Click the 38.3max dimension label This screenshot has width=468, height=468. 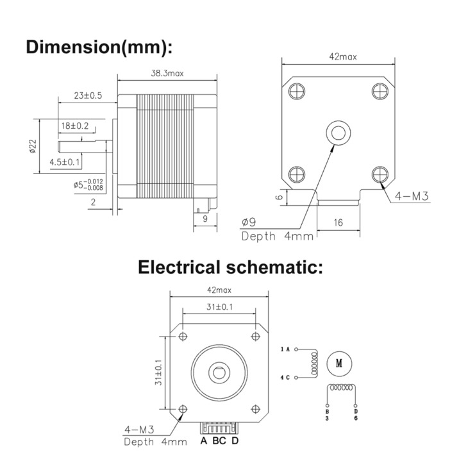(x=167, y=74)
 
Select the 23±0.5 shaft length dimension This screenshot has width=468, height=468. (x=88, y=96)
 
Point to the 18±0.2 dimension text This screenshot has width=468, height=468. (x=75, y=126)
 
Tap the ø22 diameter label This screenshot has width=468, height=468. (x=33, y=146)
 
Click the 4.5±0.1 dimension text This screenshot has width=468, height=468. (x=65, y=162)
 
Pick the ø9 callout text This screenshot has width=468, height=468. (x=249, y=222)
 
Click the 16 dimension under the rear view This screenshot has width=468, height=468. (x=338, y=222)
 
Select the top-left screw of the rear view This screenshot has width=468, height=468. (x=297, y=91)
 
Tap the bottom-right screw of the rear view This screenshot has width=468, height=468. (x=380, y=174)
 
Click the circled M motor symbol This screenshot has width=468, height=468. (x=339, y=364)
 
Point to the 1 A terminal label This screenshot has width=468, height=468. (x=285, y=349)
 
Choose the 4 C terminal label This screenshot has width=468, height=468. (x=285, y=378)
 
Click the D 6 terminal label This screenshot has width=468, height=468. (x=355, y=415)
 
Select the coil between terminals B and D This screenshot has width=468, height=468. (x=342, y=387)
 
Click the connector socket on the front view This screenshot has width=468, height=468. (x=219, y=428)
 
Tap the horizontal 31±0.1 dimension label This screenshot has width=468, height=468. (x=219, y=307)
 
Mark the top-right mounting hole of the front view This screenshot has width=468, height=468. (x=256, y=337)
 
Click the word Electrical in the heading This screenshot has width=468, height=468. (x=179, y=267)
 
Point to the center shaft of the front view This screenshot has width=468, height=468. (x=219, y=372)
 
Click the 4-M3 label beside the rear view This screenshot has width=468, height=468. (x=412, y=196)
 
